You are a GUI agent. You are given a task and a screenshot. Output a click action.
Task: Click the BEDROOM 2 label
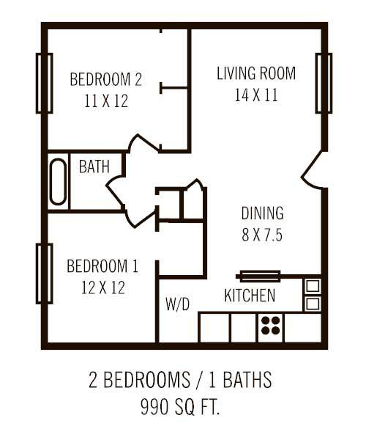[x=105, y=78]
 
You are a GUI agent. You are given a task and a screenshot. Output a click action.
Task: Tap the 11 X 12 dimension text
[x=105, y=100]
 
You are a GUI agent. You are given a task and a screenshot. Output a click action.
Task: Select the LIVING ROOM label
[x=256, y=73]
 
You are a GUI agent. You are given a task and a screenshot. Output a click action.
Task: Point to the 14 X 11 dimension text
[x=256, y=95]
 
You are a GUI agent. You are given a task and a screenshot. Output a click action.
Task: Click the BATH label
[x=94, y=166]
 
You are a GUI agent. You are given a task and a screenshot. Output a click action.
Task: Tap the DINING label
[x=262, y=213]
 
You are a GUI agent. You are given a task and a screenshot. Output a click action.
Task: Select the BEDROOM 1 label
[x=102, y=265]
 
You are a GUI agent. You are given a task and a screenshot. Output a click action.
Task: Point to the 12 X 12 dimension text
[x=102, y=287]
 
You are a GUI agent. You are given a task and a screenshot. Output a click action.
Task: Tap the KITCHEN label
[x=250, y=296]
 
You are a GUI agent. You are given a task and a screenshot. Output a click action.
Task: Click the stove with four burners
[x=270, y=327]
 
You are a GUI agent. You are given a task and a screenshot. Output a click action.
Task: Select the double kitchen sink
[x=312, y=294]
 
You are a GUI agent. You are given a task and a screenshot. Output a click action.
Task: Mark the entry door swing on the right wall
[x=313, y=172]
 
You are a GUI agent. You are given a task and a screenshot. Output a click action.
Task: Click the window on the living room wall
[x=324, y=83]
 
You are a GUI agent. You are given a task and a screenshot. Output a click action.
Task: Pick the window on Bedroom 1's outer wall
[x=43, y=273]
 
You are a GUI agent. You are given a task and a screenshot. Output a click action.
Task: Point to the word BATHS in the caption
[x=246, y=381]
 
